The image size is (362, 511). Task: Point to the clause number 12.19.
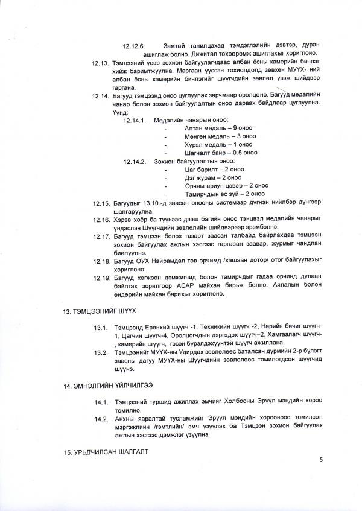[x=100, y=277]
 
